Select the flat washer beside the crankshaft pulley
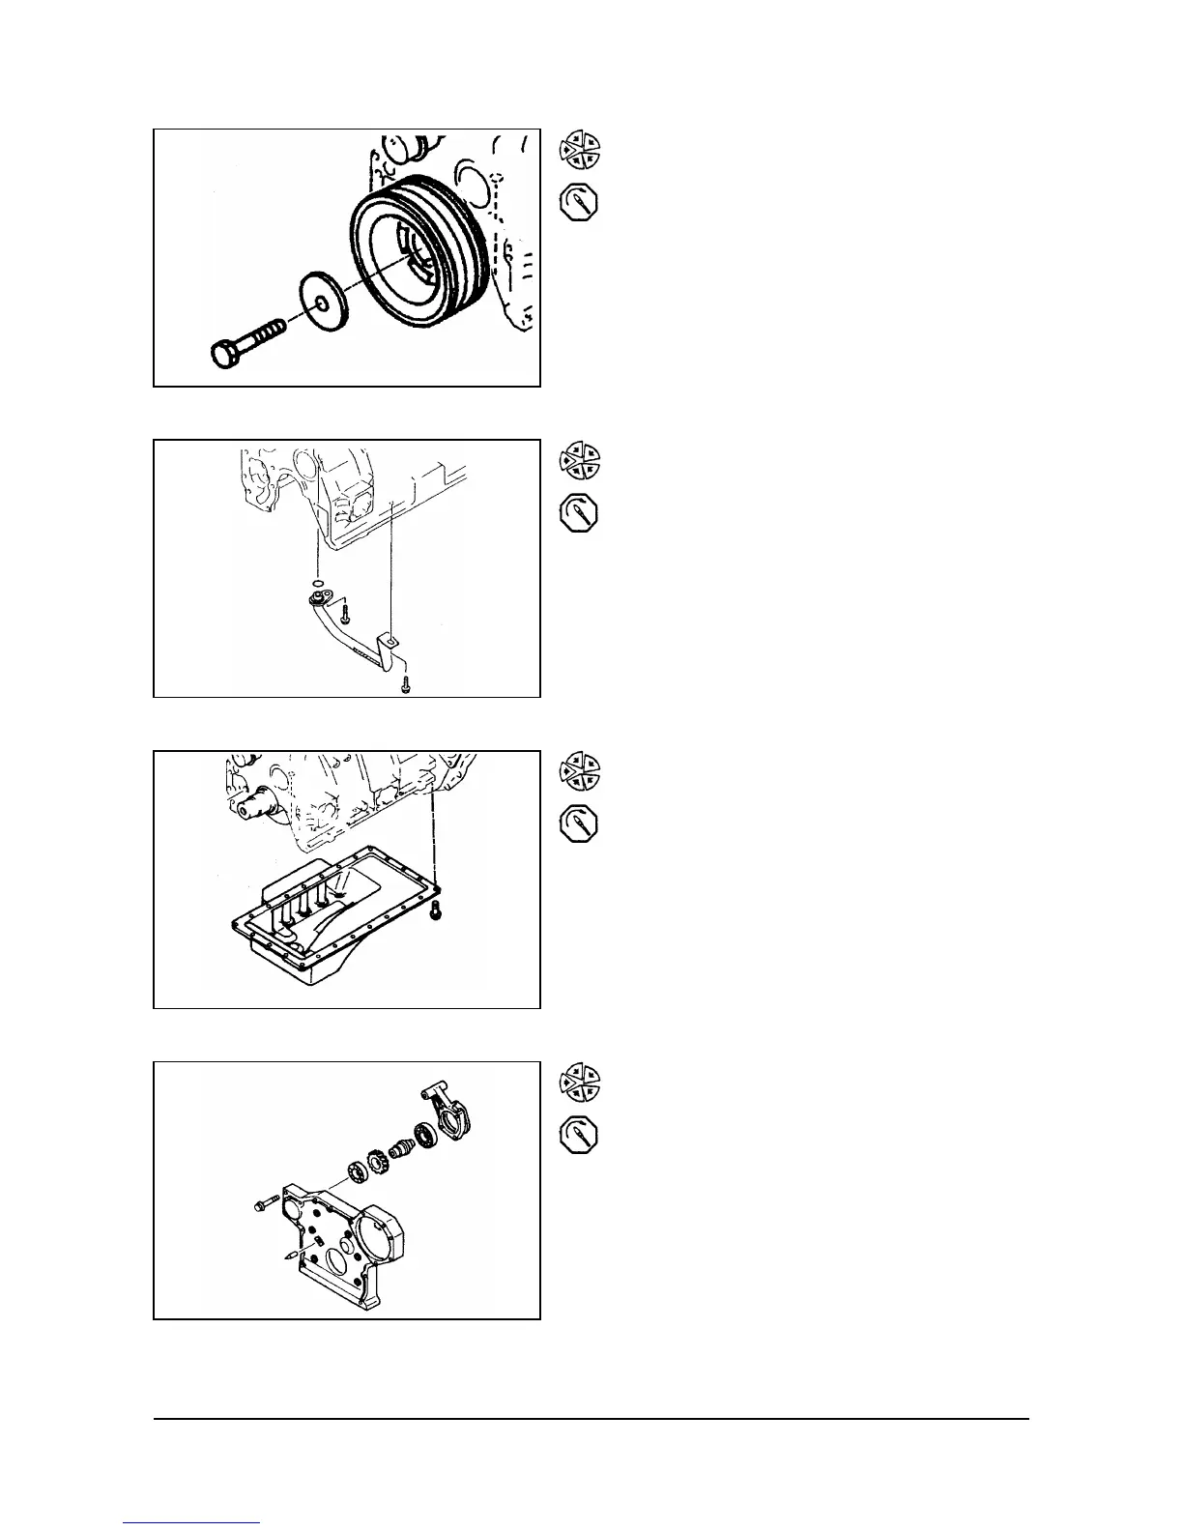tap(318, 303)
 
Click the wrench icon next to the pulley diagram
tap(579, 205)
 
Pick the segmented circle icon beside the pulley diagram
tap(579, 147)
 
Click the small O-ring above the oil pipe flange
tap(316, 584)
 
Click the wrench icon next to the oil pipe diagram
tap(579, 515)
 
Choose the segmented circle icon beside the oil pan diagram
tap(579, 769)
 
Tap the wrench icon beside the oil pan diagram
tap(579, 825)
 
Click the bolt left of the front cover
tap(263, 1204)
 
